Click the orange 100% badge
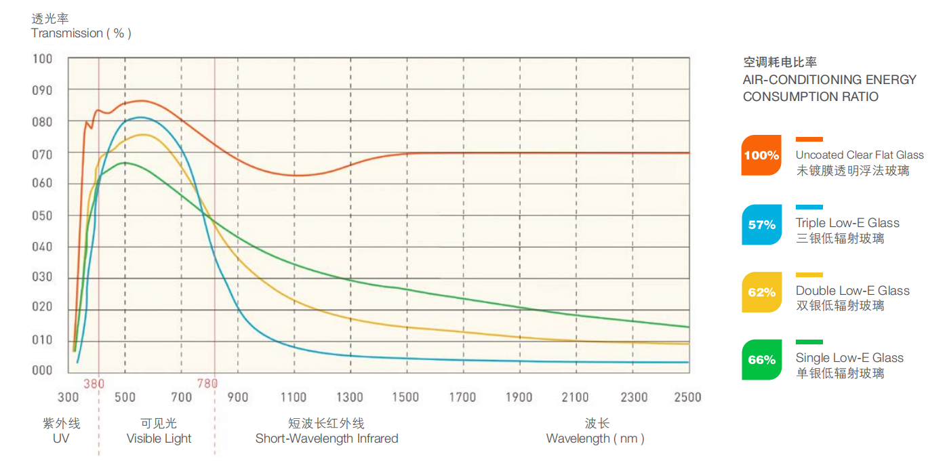pyautogui.click(x=761, y=155)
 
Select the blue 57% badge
pyautogui.click(x=761, y=224)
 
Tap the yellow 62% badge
pyautogui.click(x=761, y=292)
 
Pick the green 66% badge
pyautogui.click(x=761, y=360)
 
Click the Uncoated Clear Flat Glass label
pyautogui.click(x=860, y=155)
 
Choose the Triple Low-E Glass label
pyautogui.click(x=847, y=223)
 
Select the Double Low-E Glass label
pyautogui.click(x=853, y=291)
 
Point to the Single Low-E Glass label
pyautogui.click(x=849, y=358)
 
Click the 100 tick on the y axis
pyautogui.click(x=42, y=59)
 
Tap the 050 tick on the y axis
pyautogui.click(x=42, y=216)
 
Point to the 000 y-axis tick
pyautogui.click(x=42, y=370)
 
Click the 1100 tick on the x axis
pyautogui.click(x=294, y=397)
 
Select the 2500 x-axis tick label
pyautogui.click(x=687, y=397)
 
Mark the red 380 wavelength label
pyautogui.click(x=94, y=384)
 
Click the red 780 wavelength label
pyautogui.click(x=207, y=384)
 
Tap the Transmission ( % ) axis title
pyautogui.click(x=81, y=33)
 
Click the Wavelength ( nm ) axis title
pyautogui.click(x=595, y=439)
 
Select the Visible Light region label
pyautogui.click(x=159, y=439)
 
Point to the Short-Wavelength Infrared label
pyautogui.click(x=327, y=439)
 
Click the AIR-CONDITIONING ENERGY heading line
pyautogui.click(x=830, y=80)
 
